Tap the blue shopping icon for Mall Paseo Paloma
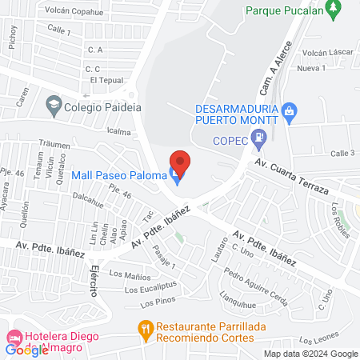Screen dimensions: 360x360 [175, 175]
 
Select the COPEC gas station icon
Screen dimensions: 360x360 [258, 142]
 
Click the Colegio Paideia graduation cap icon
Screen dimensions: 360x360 [54, 105]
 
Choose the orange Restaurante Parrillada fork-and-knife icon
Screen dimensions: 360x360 [145, 327]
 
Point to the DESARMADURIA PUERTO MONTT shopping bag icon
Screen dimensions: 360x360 [290, 110]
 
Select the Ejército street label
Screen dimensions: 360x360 [93, 279]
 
